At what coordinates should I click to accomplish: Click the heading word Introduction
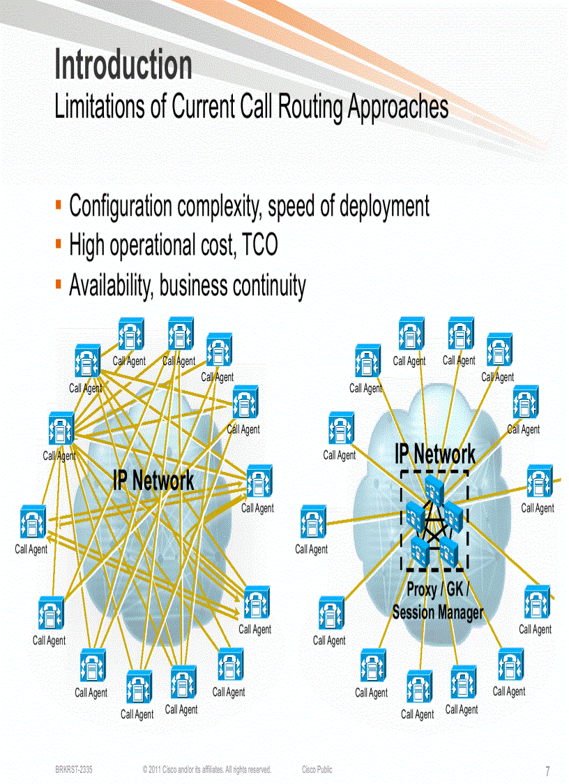click(x=123, y=65)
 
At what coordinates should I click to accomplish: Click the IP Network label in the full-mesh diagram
click(x=153, y=480)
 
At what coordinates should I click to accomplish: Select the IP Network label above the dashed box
click(x=435, y=454)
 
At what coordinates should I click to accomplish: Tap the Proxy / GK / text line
click(x=437, y=589)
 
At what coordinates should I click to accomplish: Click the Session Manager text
click(x=437, y=612)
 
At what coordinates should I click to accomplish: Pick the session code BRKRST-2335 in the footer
click(x=75, y=769)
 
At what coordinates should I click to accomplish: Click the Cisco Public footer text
click(x=317, y=769)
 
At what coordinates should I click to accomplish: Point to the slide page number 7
click(x=547, y=771)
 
